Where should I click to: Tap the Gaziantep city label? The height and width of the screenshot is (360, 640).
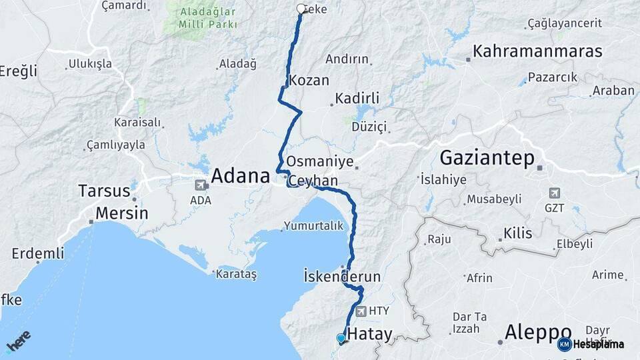coord(487,158)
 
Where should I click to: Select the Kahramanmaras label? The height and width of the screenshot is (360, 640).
coord(537,51)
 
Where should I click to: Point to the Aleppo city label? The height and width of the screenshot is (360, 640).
coord(538,332)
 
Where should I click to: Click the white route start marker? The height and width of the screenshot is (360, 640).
coord(301,9)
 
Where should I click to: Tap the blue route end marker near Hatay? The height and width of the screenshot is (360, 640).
coord(341,339)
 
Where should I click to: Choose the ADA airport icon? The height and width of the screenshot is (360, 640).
coord(200,185)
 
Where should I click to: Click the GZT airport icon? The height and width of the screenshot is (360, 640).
coord(554,193)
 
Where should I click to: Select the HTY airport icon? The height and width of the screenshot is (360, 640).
coord(361,311)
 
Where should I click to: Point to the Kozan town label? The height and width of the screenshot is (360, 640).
coord(309,81)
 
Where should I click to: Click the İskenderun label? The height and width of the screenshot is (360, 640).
coord(341,276)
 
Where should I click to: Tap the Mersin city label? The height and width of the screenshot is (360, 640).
coord(121,214)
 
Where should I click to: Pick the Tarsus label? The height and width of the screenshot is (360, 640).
coord(104,191)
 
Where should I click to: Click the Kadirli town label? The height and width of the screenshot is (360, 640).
coord(357,99)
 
